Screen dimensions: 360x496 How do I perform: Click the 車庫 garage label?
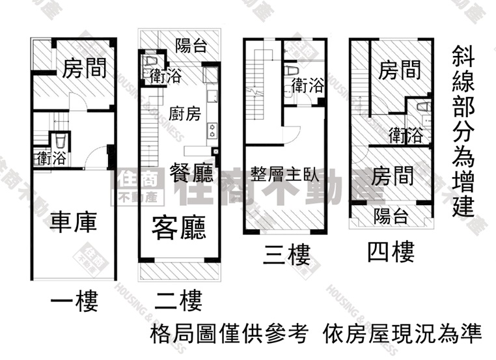coord(73,222)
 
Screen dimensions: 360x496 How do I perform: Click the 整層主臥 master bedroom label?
coord(282,174)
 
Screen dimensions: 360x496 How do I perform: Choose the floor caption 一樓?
coord(74,301)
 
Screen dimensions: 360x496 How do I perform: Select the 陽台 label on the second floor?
coord(191,45)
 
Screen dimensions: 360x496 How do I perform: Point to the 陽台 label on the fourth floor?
coord(391,216)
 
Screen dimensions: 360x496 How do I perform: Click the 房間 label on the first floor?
coord(85,68)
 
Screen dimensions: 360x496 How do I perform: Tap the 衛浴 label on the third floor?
coord(307,85)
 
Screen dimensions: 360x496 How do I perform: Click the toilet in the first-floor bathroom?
coord(59,141)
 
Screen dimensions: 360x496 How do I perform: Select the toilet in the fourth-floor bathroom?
coord(422,108)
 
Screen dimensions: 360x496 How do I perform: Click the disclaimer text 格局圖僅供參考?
coord(228,335)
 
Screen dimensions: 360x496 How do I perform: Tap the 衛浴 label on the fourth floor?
coord(405,135)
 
